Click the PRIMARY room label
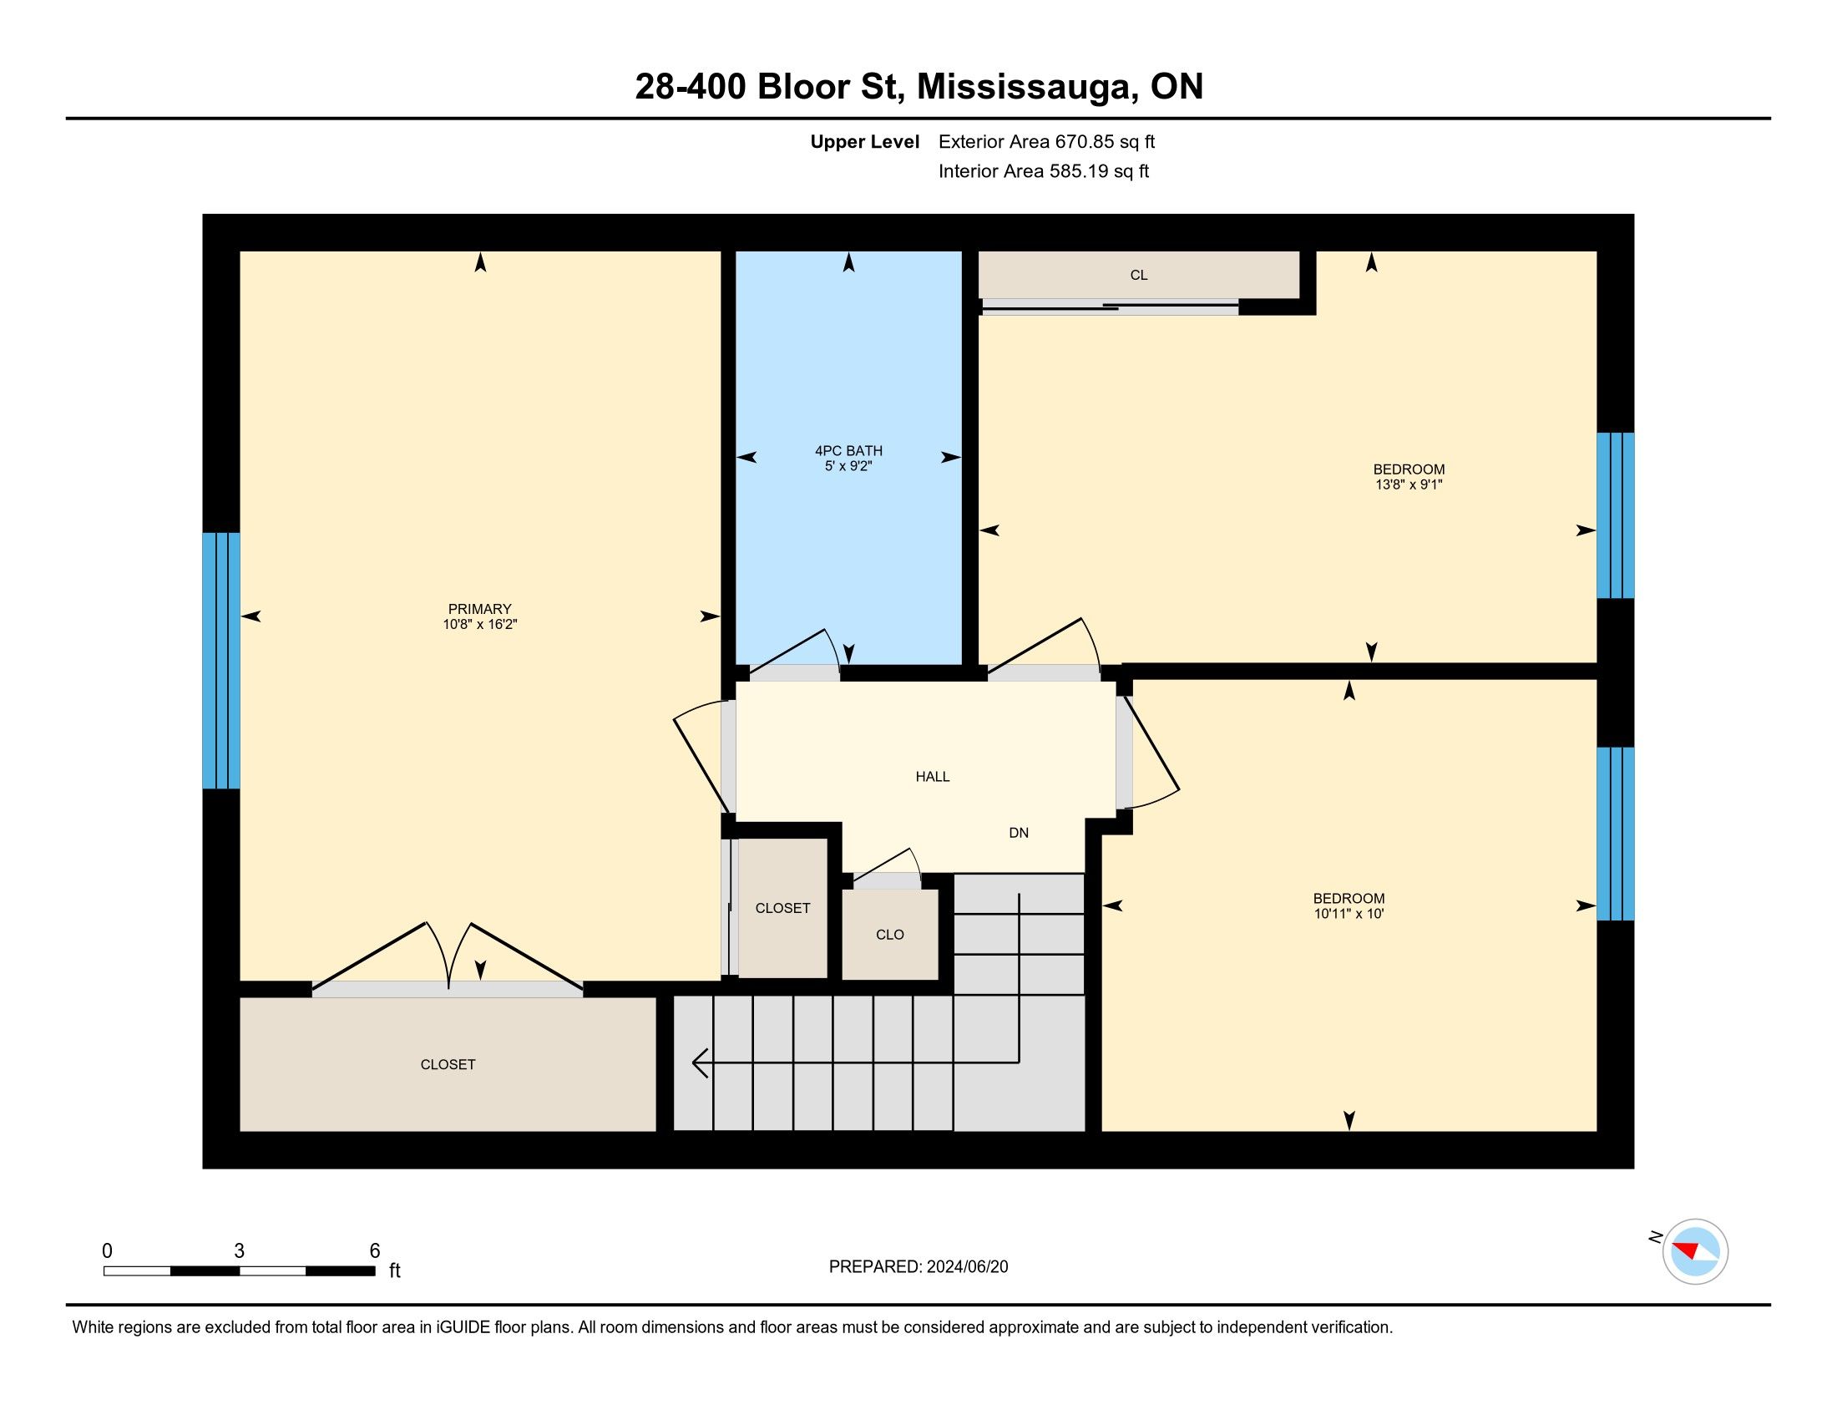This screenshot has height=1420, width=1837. pyautogui.click(x=479, y=609)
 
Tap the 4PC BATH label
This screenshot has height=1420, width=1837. pyautogui.click(x=848, y=451)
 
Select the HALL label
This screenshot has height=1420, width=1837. pyautogui.click(x=933, y=777)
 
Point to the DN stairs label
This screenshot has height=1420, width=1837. pyautogui.click(x=1019, y=833)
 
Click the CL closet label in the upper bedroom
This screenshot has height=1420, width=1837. pyautogui.click(x=1139, y=275)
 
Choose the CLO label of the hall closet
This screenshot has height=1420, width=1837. pyautogui.click(x=890, y=935)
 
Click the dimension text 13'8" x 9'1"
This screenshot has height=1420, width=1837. pyautogui.click(x=1409, y=484)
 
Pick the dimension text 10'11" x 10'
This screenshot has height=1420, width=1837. pyautogui.click(x=1349, y=914)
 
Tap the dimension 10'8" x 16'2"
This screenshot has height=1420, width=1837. pyautogui.click(x=479, y=624)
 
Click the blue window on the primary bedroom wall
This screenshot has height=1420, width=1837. pyautogui.click(x=221, y=661)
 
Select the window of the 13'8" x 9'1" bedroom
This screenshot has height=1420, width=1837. pyautogui.click(x=1615, y=515)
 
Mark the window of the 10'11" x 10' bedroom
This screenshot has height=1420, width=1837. pyautogui.click(x=1615, y=834)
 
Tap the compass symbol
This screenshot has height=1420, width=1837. pyautogui.click(x=1695, y=1251)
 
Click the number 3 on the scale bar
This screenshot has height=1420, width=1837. pyautogui.click(x=239, y=1251)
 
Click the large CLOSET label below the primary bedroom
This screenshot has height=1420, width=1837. pyautogui.click(x=448, y=1065)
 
